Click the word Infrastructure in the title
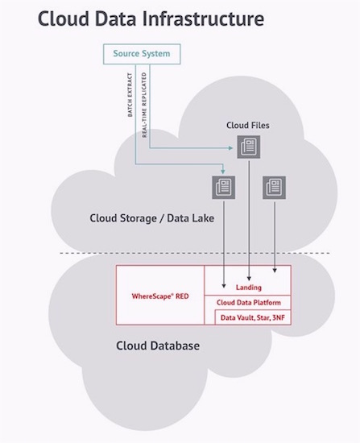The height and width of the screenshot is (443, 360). click(x=203, y=19)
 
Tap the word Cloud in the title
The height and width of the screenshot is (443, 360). click(x=64, y=19)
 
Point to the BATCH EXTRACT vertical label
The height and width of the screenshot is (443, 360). click(x=130, y=95)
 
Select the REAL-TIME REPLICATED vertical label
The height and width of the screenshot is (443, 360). click(x=144, y=105)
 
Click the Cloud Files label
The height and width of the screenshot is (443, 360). click(x=248, y=125)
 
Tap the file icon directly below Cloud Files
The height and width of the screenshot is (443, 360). click(x=249, y=147)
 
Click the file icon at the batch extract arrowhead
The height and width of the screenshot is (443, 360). click(x=224, y=188)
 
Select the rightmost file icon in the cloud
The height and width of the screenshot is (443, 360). click(x=274, y=188)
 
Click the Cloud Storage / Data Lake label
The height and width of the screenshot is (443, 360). click(x=151, y=218)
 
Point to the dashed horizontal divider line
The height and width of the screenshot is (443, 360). click(x=195, y=253)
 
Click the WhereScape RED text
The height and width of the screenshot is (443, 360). click(x=160, y=296)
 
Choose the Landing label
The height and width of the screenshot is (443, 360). click(x=249, y=288)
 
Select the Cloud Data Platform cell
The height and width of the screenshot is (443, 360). click(x=247, y=303)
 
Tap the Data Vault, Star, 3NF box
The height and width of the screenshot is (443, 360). click(x=253, y=317)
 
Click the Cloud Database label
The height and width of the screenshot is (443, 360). click(x=158, y=346)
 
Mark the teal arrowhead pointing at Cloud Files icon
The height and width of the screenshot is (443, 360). click(x=231, y=147)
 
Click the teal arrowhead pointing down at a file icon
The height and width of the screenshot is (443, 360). click(x=223, y=172)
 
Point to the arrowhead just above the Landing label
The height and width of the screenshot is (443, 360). click(x=249, y=279)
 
